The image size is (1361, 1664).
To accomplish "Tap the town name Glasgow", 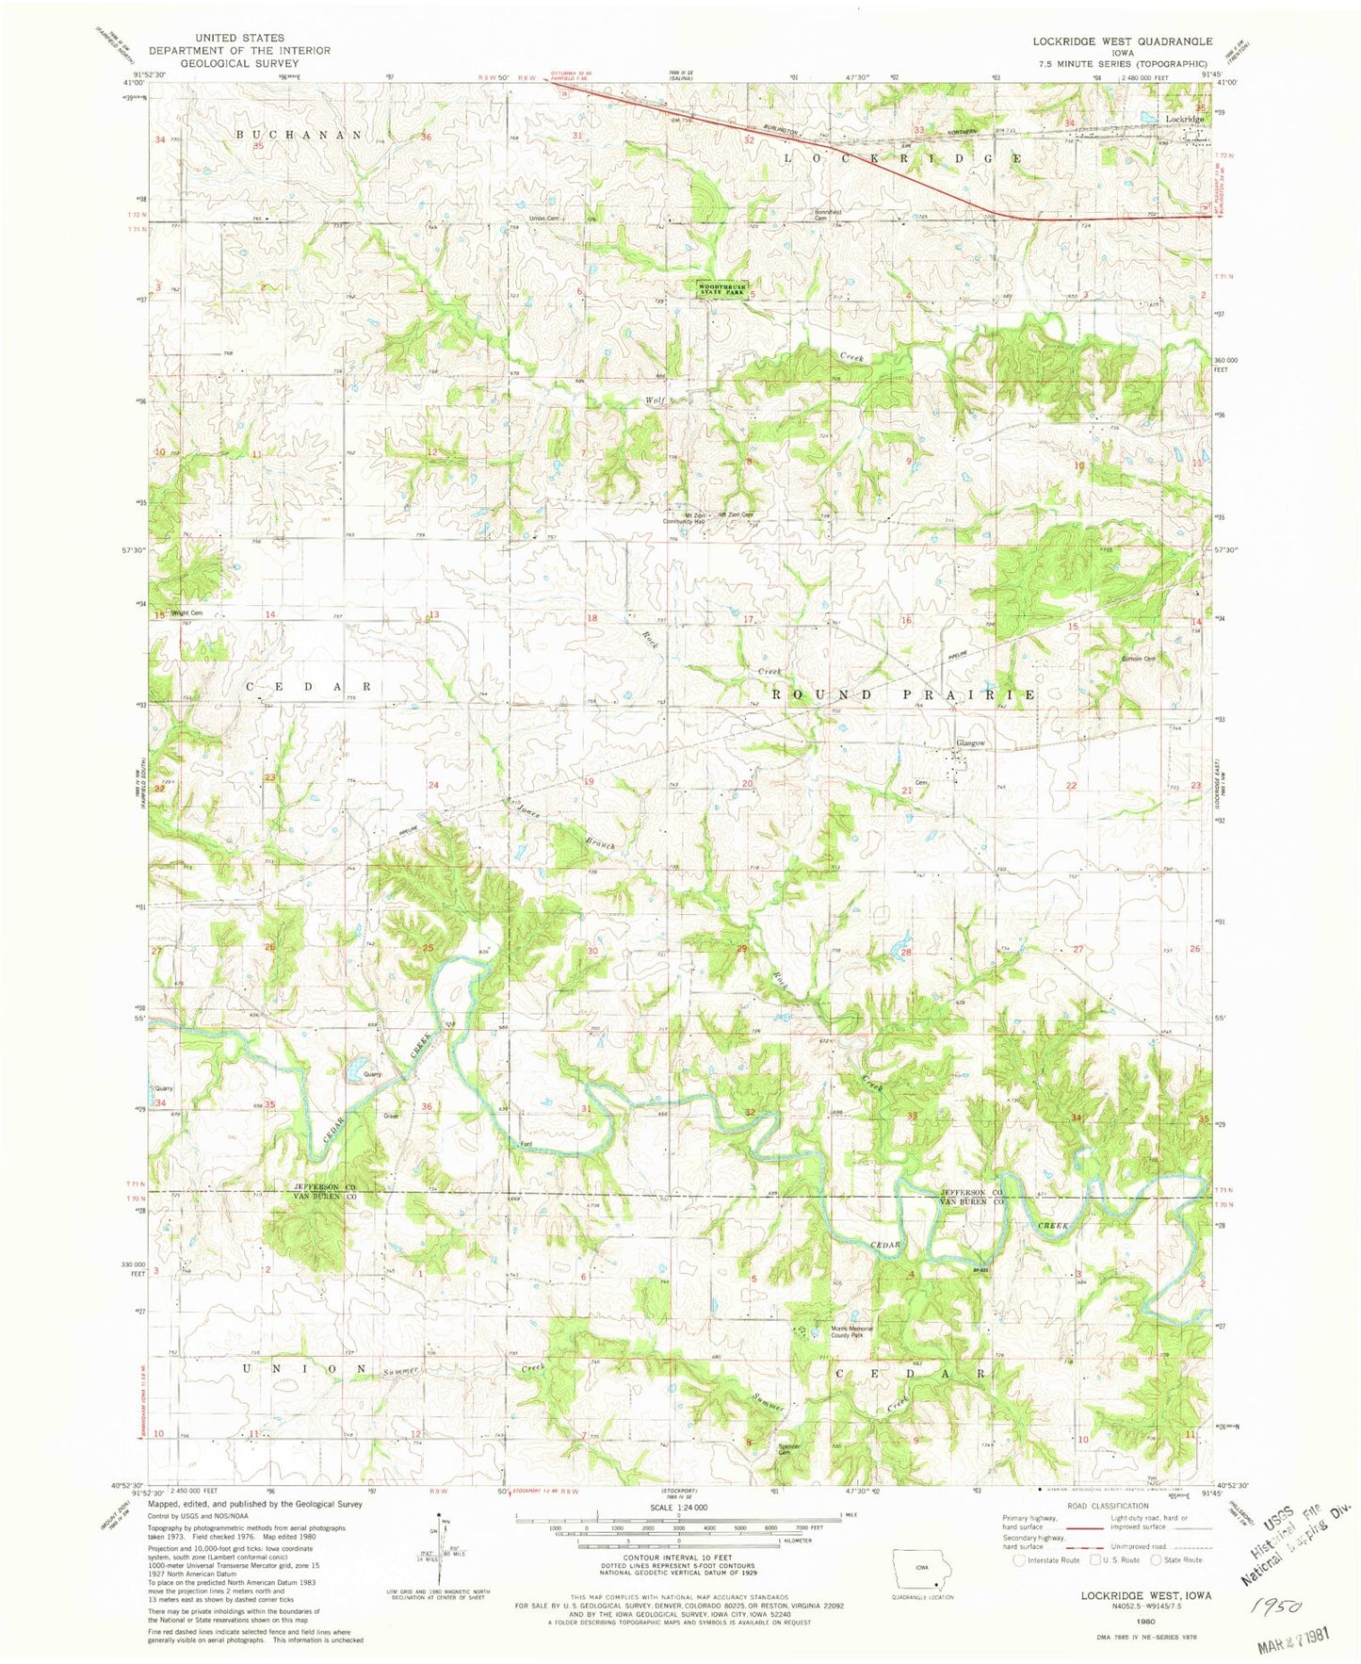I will [971, 743].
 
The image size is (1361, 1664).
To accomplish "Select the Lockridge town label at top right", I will [1184, 120].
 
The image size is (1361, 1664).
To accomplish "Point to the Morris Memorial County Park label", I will [852, 1330].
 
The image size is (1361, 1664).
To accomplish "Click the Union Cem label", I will [544, 219].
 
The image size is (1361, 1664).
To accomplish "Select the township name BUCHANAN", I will [299, 135].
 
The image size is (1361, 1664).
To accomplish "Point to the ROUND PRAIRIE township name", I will [903, 694].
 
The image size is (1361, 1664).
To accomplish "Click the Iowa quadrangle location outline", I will [922, 1569].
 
